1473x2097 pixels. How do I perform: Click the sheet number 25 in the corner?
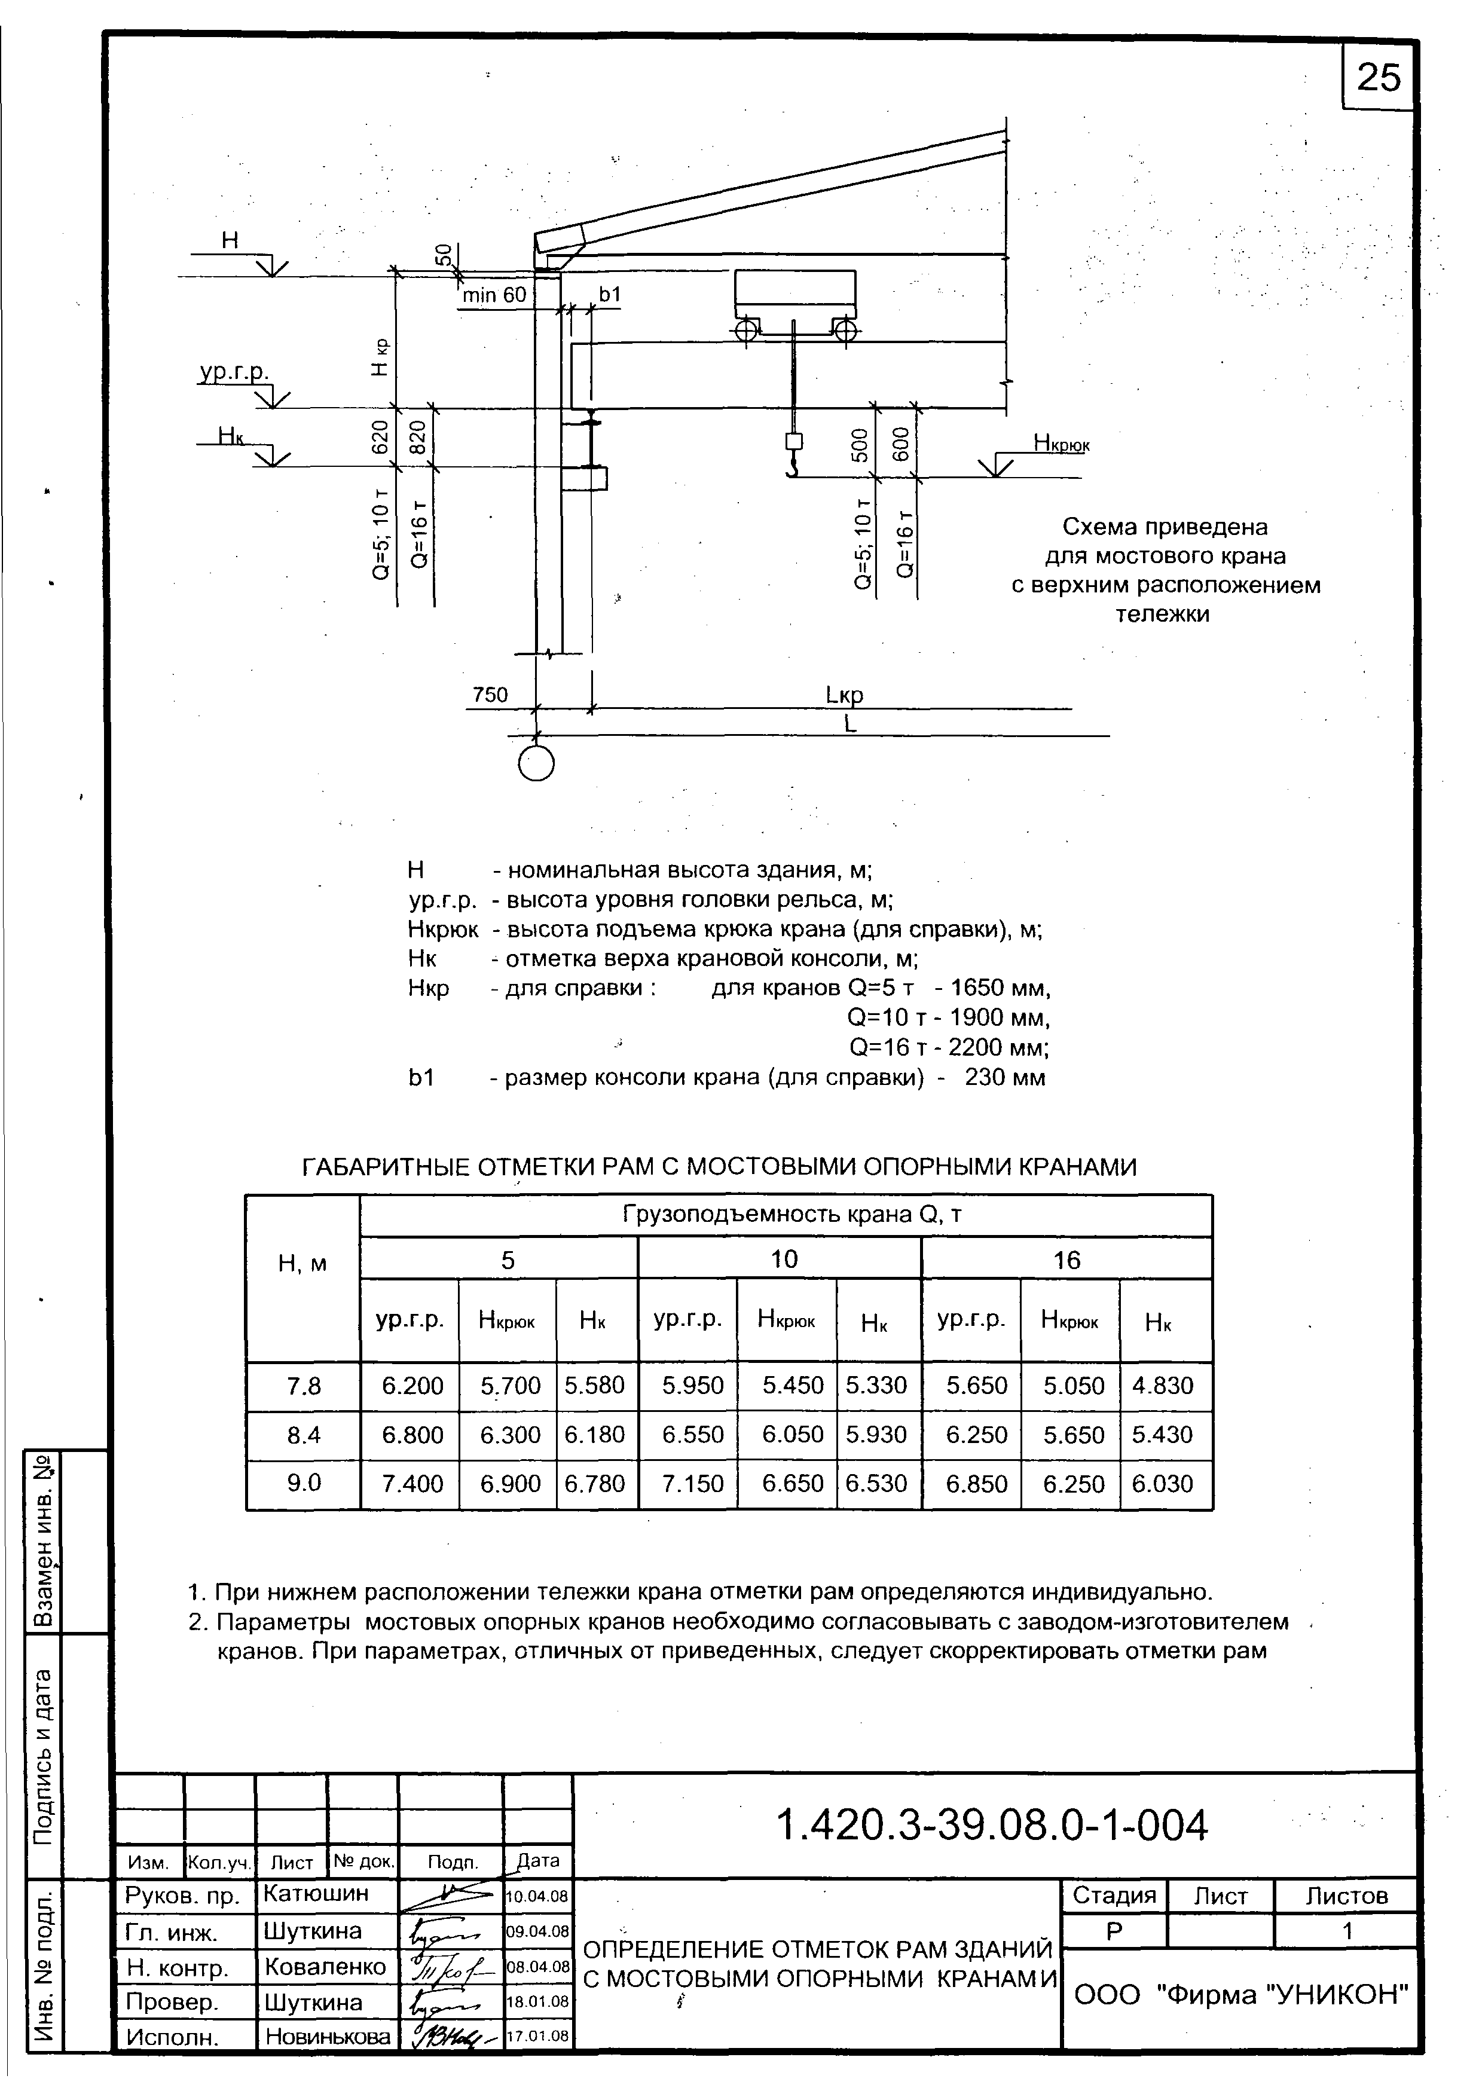tap(1377, 78)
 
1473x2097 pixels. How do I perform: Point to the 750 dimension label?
tap(490, 695)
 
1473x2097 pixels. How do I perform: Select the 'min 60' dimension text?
tap(494, 295)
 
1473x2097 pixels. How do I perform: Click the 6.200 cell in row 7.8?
tap(412, 1386)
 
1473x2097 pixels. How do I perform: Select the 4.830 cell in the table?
tap(1163, 1386)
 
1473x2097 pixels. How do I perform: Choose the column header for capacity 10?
tap(784, 1260)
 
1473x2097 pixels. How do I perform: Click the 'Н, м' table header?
tap(302, 1264)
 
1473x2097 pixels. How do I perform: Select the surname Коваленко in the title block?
tap(325, 1967)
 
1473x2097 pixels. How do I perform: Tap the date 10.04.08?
tap(538, 1896)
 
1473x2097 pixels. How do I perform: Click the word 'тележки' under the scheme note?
tap(1163, 614)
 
